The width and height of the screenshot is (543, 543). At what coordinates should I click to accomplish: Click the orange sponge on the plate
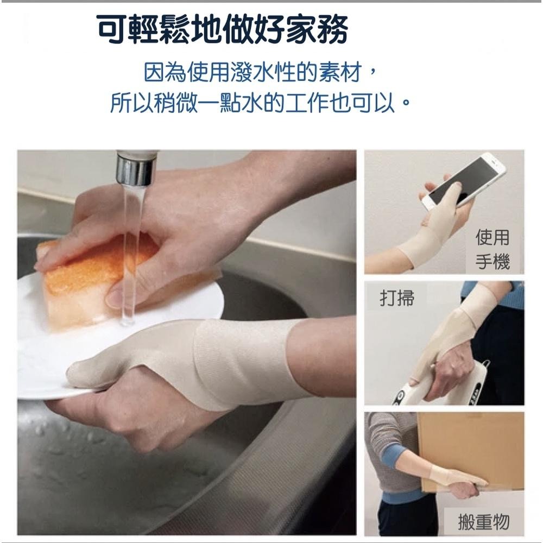[x=92, y=282]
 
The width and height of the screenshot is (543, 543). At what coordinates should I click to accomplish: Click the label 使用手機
[x=493, y=249]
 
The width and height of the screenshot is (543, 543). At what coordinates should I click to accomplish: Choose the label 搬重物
[x=483, y=522]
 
